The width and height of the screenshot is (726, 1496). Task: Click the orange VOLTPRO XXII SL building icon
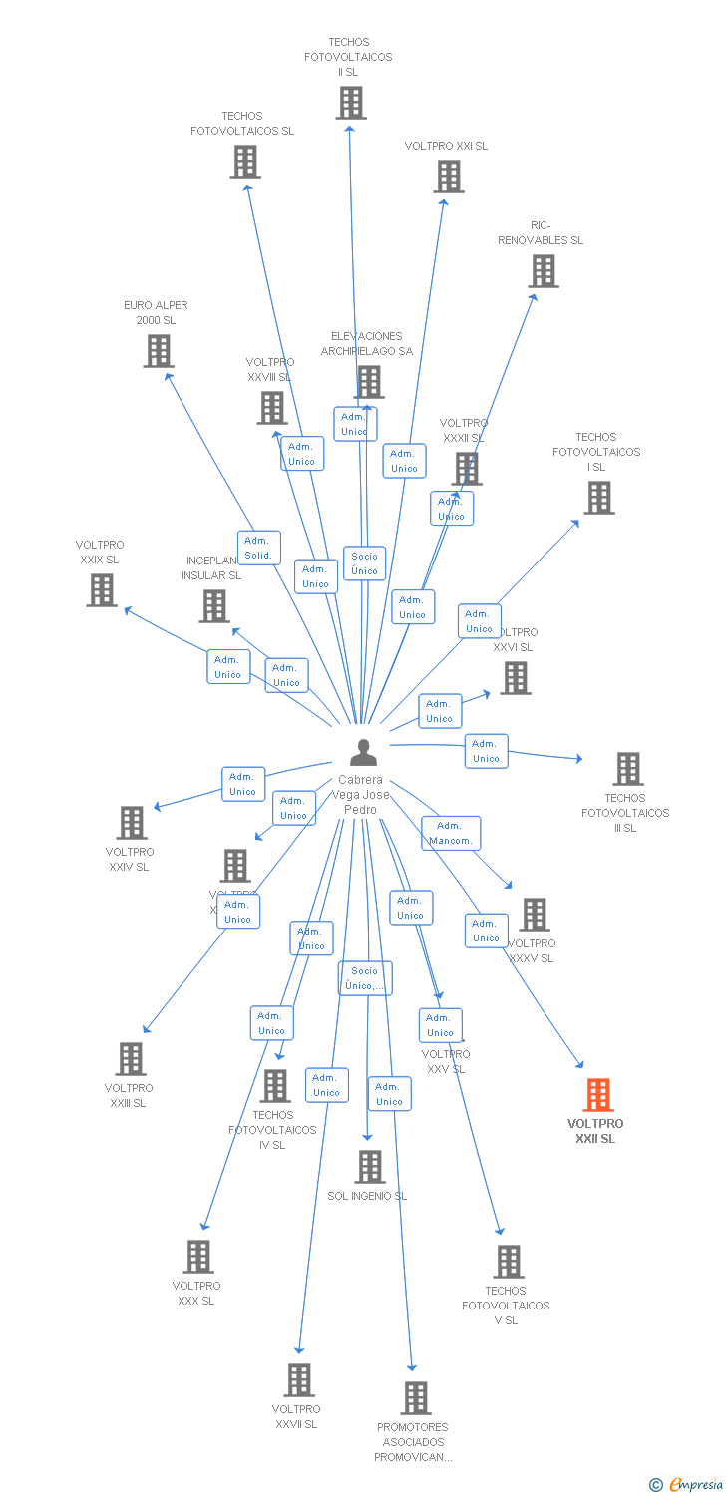pos(598,1095)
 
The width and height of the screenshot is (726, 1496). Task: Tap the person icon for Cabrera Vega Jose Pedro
pos(364,752)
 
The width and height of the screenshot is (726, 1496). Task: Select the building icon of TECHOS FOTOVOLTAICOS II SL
pos(350,103)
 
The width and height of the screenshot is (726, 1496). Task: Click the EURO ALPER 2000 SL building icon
pos(158,351)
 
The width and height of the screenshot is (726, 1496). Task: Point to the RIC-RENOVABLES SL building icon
pos(543,271)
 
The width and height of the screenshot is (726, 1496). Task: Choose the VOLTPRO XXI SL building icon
pos(448,177)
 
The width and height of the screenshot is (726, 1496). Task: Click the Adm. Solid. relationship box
pos(258,548)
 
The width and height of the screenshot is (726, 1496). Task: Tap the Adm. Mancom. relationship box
pos(451,833)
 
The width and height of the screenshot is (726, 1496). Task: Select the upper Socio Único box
pos(364,563)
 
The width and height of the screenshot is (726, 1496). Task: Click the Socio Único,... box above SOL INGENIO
pos(365,978)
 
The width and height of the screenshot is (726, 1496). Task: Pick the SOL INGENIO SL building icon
pos(369,1166)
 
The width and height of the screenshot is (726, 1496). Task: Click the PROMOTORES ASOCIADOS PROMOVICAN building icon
pos(416,1398)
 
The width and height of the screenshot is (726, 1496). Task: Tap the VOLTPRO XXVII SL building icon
pos(298,1380)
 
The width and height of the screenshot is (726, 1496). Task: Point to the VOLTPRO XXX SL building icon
pos(198,1257)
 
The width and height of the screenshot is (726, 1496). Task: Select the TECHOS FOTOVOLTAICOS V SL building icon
pos(508,1262)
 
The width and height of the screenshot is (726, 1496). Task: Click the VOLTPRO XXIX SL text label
pos(100,553)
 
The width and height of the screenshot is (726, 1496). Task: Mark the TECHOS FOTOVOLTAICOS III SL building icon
pos(627,769)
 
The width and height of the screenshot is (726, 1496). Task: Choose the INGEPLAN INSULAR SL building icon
pos(213,606)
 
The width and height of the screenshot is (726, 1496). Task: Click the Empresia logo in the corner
pos(689,1485)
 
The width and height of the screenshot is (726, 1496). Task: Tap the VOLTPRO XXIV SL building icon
pos(131,823)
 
